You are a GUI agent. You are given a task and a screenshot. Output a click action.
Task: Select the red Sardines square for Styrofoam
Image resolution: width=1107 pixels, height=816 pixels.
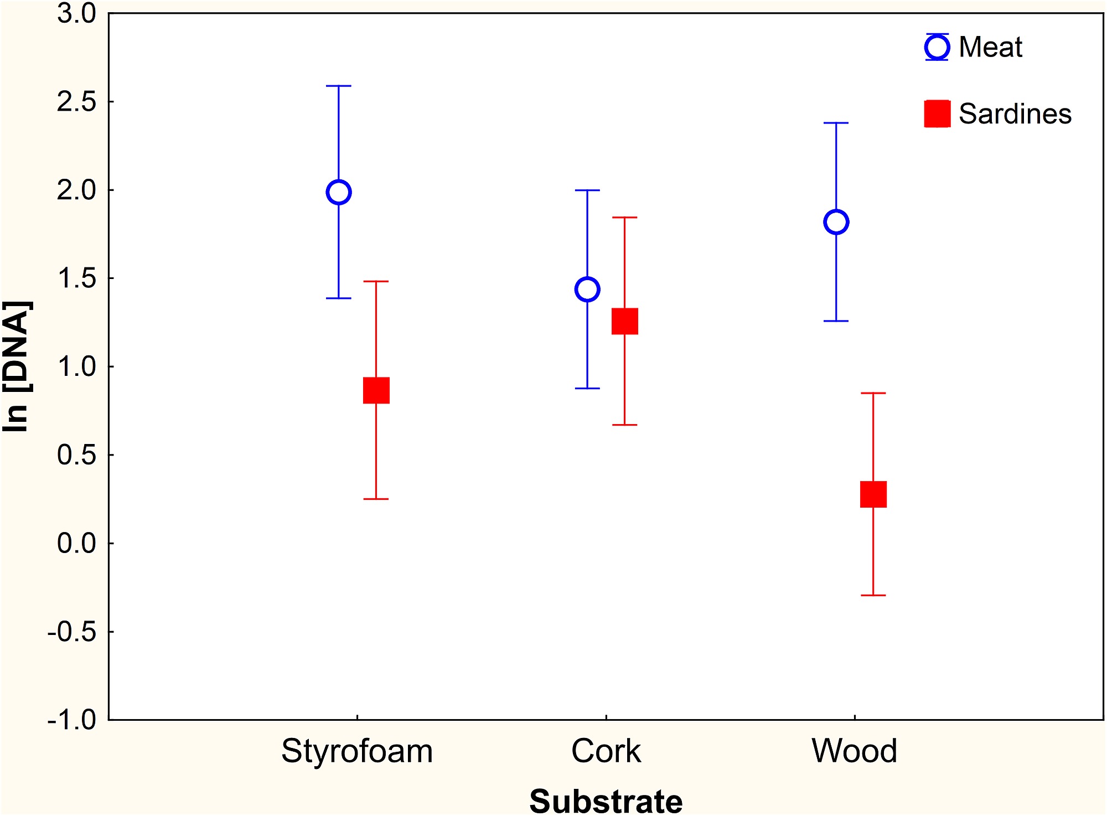coord(376,390)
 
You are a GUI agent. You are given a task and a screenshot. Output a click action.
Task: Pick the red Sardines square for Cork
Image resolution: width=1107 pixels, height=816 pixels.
coord(625,321)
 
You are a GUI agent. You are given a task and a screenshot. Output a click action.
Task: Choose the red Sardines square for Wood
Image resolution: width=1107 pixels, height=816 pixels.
coord(873,494)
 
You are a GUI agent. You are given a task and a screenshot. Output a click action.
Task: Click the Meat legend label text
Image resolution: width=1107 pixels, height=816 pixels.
coord(990,47)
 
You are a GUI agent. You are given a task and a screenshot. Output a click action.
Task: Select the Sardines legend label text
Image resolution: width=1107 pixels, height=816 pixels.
coord(1015,113)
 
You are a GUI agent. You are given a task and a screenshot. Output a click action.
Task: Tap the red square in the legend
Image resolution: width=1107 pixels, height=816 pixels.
coord(938,113)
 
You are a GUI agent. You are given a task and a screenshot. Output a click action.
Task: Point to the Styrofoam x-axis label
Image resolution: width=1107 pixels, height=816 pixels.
coord(357,752)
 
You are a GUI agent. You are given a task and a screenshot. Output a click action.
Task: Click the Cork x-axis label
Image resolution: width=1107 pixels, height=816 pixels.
coord(606,751)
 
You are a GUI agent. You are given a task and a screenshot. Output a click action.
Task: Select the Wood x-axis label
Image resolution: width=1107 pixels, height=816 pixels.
coord(855,751)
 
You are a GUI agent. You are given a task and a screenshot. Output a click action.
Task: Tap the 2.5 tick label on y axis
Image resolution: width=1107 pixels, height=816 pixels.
coord(76,102)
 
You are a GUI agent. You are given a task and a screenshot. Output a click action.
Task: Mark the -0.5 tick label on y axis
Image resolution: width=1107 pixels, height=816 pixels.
coord(72,632)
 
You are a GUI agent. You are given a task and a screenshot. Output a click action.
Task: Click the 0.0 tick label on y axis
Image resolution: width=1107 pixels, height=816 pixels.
coord(76,543)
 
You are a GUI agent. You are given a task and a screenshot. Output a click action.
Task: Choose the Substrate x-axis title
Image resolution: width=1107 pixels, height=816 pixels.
coord(606,801)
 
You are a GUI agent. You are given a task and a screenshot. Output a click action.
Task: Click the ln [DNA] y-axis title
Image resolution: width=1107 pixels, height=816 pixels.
coord(17,366)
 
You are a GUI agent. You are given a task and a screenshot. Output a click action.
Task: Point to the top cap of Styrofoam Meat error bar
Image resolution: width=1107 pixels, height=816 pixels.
coord(339,86)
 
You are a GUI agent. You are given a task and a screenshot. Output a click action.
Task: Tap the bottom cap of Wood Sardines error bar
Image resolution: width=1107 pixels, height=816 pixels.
coord(873,595)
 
